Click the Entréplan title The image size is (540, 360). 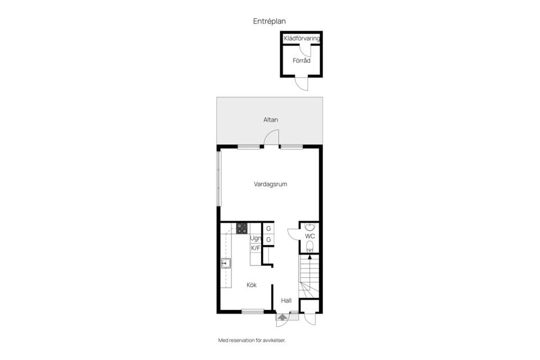[269, 21]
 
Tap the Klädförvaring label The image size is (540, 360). [301, 39]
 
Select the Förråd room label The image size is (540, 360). [301, 60]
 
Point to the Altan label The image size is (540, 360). [271, 120]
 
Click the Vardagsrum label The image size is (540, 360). [271, 184]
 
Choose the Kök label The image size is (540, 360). [252, 285]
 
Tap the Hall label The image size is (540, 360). [286, 300]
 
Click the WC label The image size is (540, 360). [310, 236]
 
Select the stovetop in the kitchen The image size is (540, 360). [242, 229]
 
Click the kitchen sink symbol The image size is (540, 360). [226, 264]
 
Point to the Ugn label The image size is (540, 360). [255, 238]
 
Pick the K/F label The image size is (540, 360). [255, 247]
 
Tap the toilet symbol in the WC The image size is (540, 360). [310, 246]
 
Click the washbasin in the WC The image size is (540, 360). [310, 227]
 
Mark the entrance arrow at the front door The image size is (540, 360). [282, 317]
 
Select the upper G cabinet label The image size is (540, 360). [269, 228]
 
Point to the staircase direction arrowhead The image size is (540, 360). [310, 256]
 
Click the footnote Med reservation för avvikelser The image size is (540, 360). [252, 340]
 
